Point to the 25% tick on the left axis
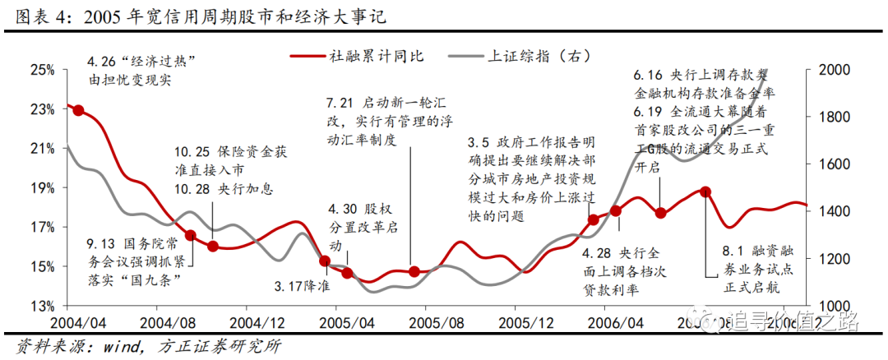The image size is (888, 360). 42,70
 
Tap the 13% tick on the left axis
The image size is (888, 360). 42,306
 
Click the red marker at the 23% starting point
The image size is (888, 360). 78,110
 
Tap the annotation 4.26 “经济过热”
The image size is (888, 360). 144,62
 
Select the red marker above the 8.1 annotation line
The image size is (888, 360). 705,192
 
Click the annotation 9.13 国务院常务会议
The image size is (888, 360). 135,244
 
